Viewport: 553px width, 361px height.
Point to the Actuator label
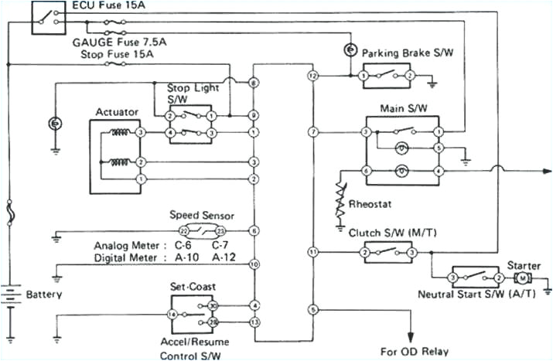117,112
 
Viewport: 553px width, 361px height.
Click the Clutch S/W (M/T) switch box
388,252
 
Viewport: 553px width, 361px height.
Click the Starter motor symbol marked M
523,278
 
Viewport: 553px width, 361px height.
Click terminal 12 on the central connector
312,77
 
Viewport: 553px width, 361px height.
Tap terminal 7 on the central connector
312,133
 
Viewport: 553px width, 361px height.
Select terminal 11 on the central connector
312,252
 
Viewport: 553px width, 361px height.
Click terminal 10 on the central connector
254,264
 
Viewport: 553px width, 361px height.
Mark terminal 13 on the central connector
254,321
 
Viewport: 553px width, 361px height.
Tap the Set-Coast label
189,285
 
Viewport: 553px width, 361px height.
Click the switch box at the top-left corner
49,17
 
